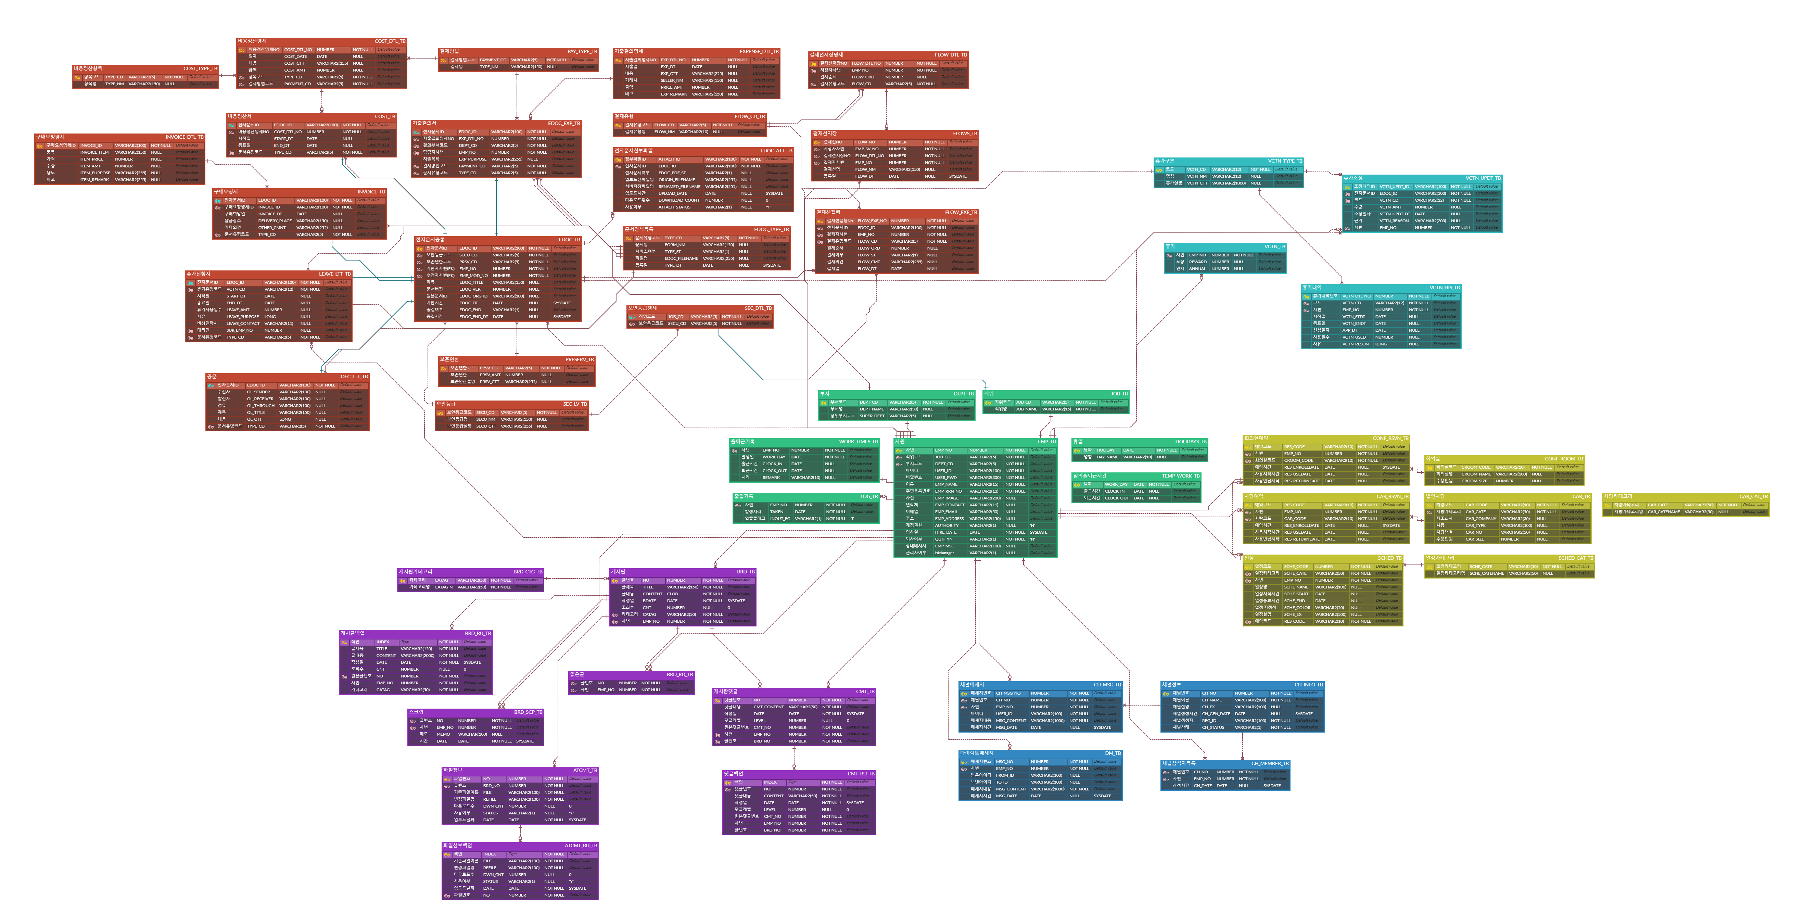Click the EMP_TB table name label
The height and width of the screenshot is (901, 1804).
1046,442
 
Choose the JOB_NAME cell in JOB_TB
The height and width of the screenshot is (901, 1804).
1027,409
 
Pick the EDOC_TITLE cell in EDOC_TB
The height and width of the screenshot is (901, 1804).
471,282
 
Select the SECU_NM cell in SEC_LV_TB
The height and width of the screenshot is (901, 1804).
486,419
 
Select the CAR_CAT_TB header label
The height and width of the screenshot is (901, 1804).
1753,496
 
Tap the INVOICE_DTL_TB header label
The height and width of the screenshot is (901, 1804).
184,137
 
